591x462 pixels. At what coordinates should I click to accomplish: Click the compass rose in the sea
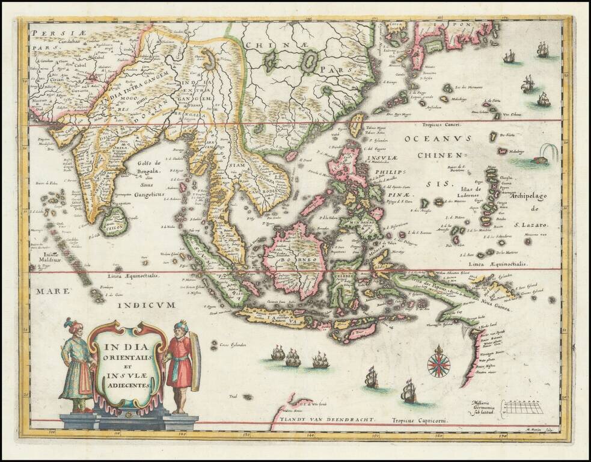click(438, 363)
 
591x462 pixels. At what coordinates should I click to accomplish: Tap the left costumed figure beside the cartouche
click(77, 367)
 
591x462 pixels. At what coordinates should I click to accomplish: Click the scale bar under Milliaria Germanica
click(524, 409)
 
